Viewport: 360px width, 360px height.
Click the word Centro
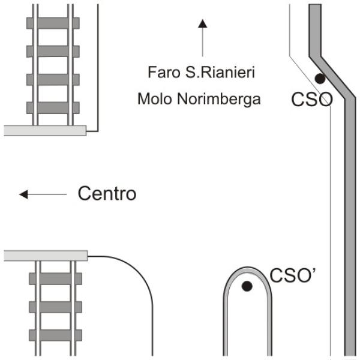[x=107, y=193]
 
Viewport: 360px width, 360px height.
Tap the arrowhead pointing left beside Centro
[x=23, y=194]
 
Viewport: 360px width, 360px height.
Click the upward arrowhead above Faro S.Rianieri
[x=203, y=23]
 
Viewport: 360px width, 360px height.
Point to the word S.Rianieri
[x=220, y=72]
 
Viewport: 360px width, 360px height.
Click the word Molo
[x=155, y=99]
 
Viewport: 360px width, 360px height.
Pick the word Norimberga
[x=219, y=100]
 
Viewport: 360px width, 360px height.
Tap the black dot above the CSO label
[x=320, y=79]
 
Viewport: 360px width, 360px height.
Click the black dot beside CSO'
[x=247, y=286]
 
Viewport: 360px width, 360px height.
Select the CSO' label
[x=293, y=275]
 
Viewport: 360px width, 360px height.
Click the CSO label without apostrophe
[x=312, y=100]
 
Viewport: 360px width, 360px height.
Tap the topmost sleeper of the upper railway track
[x=53, y=23]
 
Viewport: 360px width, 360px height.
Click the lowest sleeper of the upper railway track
[x=53, y=107]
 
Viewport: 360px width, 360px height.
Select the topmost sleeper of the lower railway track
[x=56, y=279]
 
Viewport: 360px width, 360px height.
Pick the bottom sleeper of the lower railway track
[x=56, y=335]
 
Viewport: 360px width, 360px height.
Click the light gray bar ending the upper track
[x=45, y=130]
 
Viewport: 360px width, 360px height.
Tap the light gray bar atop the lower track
[x=46, y=256]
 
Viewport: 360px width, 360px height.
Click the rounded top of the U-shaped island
[x=247, y=269]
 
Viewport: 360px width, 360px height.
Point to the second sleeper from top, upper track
[x=53, y=52]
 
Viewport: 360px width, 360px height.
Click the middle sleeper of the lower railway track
[x=56, y=307]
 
